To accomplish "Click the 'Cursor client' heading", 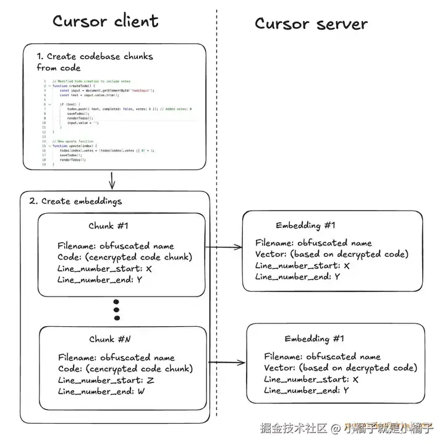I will click(105, 22).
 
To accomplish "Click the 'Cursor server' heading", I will click(311, 24).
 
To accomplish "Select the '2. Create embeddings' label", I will click(76, 201).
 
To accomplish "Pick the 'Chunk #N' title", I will click(110, 339).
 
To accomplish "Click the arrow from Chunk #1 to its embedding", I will click(223, 248).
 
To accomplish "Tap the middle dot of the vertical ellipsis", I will click(116, 309).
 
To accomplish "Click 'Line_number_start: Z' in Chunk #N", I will click(106, 380).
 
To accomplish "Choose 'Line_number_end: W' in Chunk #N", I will click(102, 391).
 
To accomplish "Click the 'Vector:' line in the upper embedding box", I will click(332, 255).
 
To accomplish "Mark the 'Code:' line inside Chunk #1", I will click(124, 257).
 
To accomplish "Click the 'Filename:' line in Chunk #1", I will click(116, 246).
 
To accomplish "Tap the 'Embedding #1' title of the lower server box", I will click(315, 339).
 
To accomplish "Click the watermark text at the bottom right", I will click(362, 427).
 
